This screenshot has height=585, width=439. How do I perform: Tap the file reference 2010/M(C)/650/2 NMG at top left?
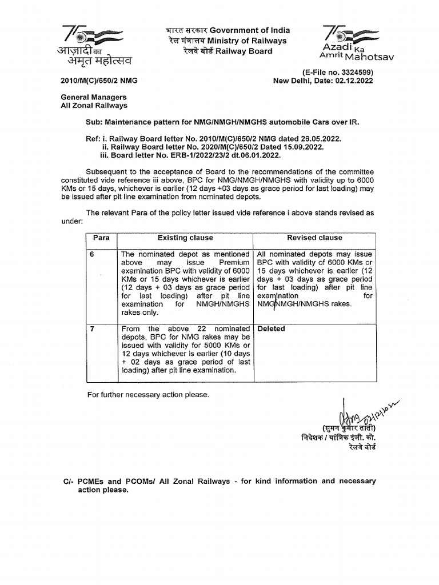click(98, 81)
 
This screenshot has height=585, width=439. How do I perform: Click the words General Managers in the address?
click(94, 97)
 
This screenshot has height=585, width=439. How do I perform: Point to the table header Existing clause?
click(185, 238)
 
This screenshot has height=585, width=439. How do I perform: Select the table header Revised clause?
click(315, 238)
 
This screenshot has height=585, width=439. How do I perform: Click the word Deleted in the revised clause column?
click(272, 329)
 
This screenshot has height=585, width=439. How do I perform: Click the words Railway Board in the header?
click(248, 51)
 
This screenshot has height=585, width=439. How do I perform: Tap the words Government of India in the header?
click(249, 30)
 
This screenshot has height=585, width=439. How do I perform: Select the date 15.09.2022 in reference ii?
click(302, 146)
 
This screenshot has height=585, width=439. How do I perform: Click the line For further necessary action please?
click(148, 395)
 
